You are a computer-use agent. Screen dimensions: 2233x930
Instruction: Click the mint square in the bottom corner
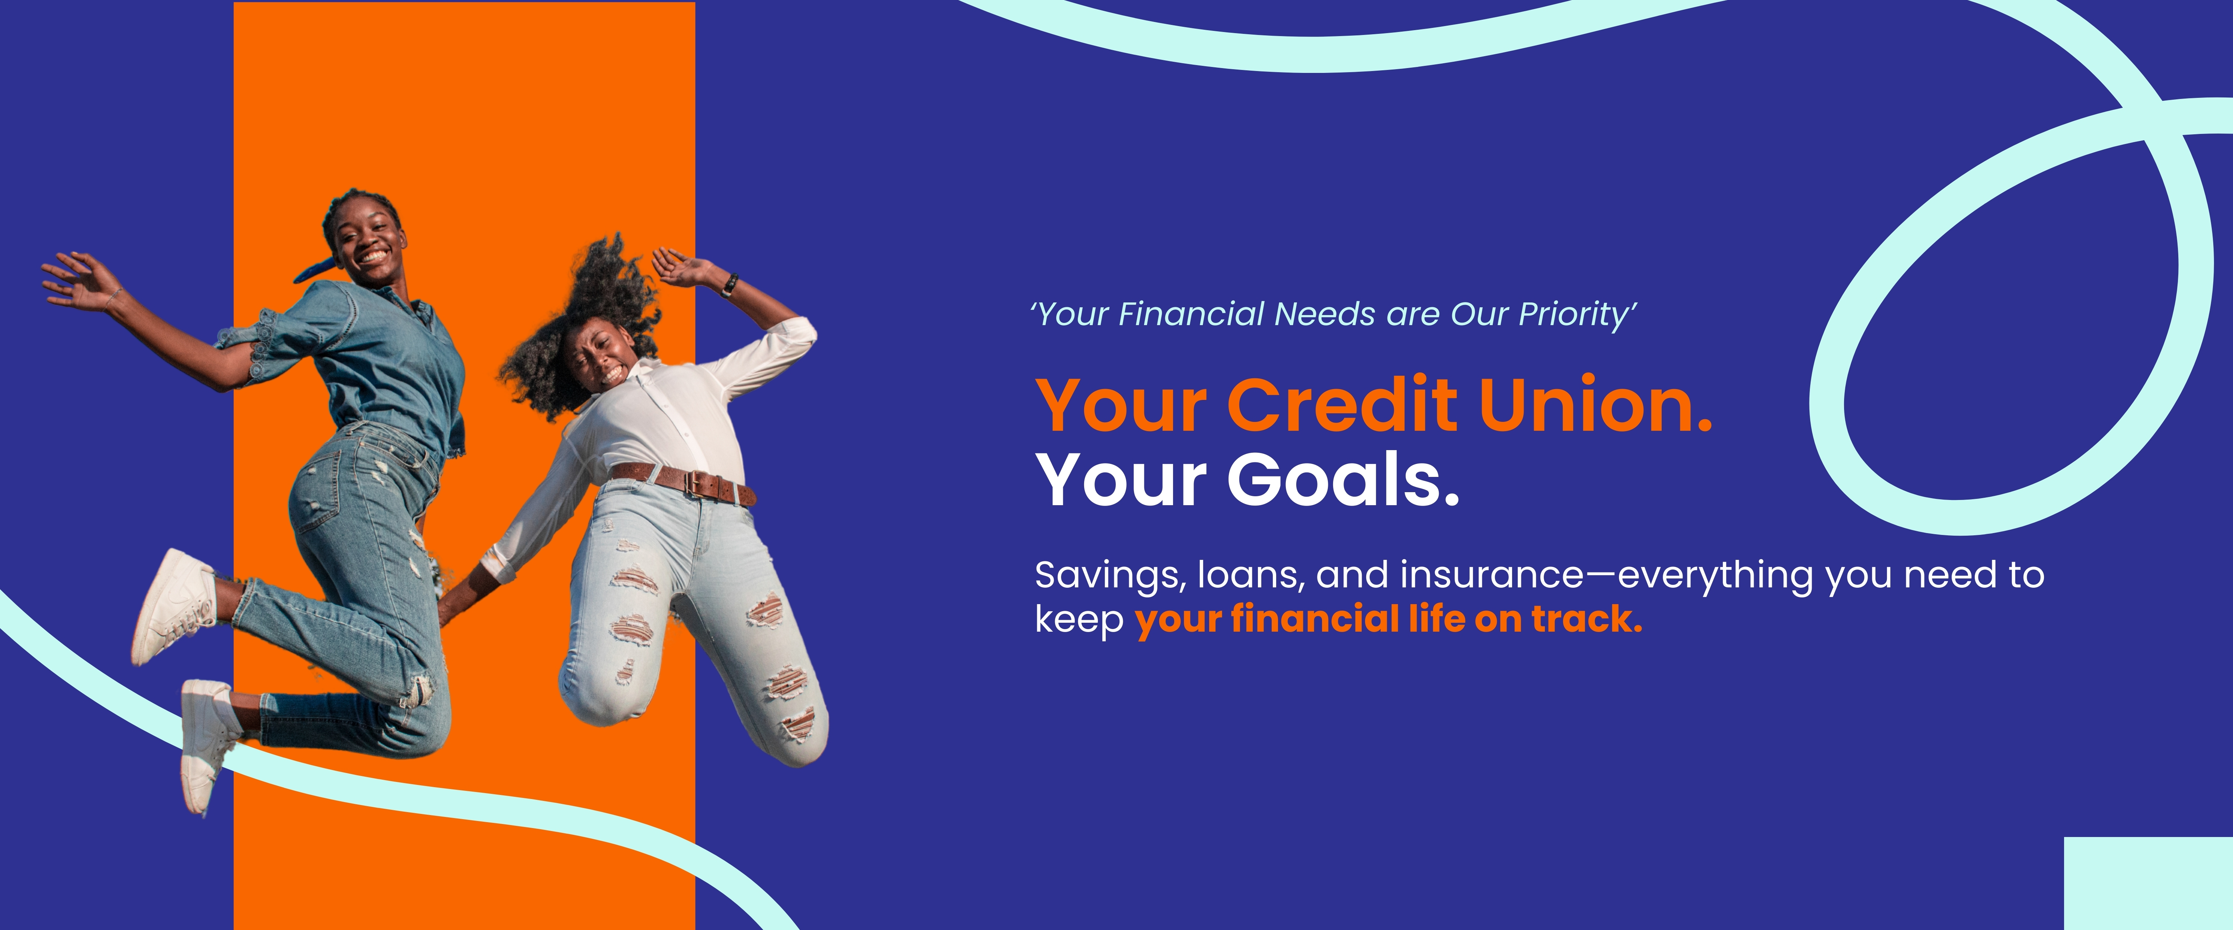[2148, 883]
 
